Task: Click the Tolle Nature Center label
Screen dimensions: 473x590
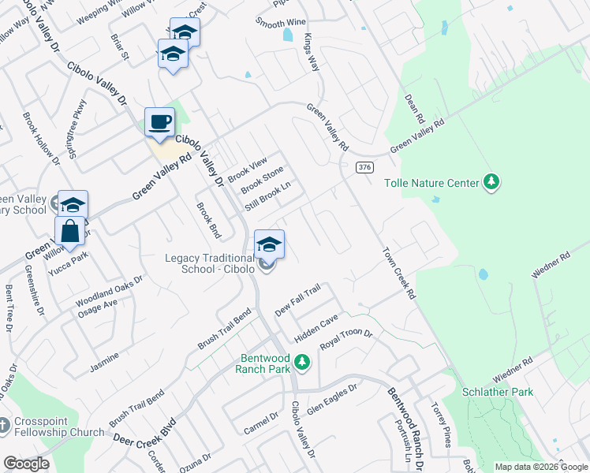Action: (431, 183)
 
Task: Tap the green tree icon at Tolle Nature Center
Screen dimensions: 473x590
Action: (492, 182)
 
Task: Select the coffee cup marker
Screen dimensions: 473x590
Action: (160, 122)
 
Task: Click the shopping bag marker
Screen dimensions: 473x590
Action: (70, 232)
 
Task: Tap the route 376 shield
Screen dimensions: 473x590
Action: (364, 167)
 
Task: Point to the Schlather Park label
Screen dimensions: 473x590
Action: (498, 392)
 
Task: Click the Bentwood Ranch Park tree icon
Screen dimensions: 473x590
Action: (301, 363)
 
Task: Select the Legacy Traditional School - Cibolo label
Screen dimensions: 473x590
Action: (210, 263)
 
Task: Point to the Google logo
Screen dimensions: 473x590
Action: (26, 464)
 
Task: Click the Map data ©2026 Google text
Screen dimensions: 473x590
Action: (540, 467)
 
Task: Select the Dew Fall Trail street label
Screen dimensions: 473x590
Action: (297, 301)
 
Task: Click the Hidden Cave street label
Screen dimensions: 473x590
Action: (316, 327)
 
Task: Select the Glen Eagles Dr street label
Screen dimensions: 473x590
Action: (332, 398)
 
